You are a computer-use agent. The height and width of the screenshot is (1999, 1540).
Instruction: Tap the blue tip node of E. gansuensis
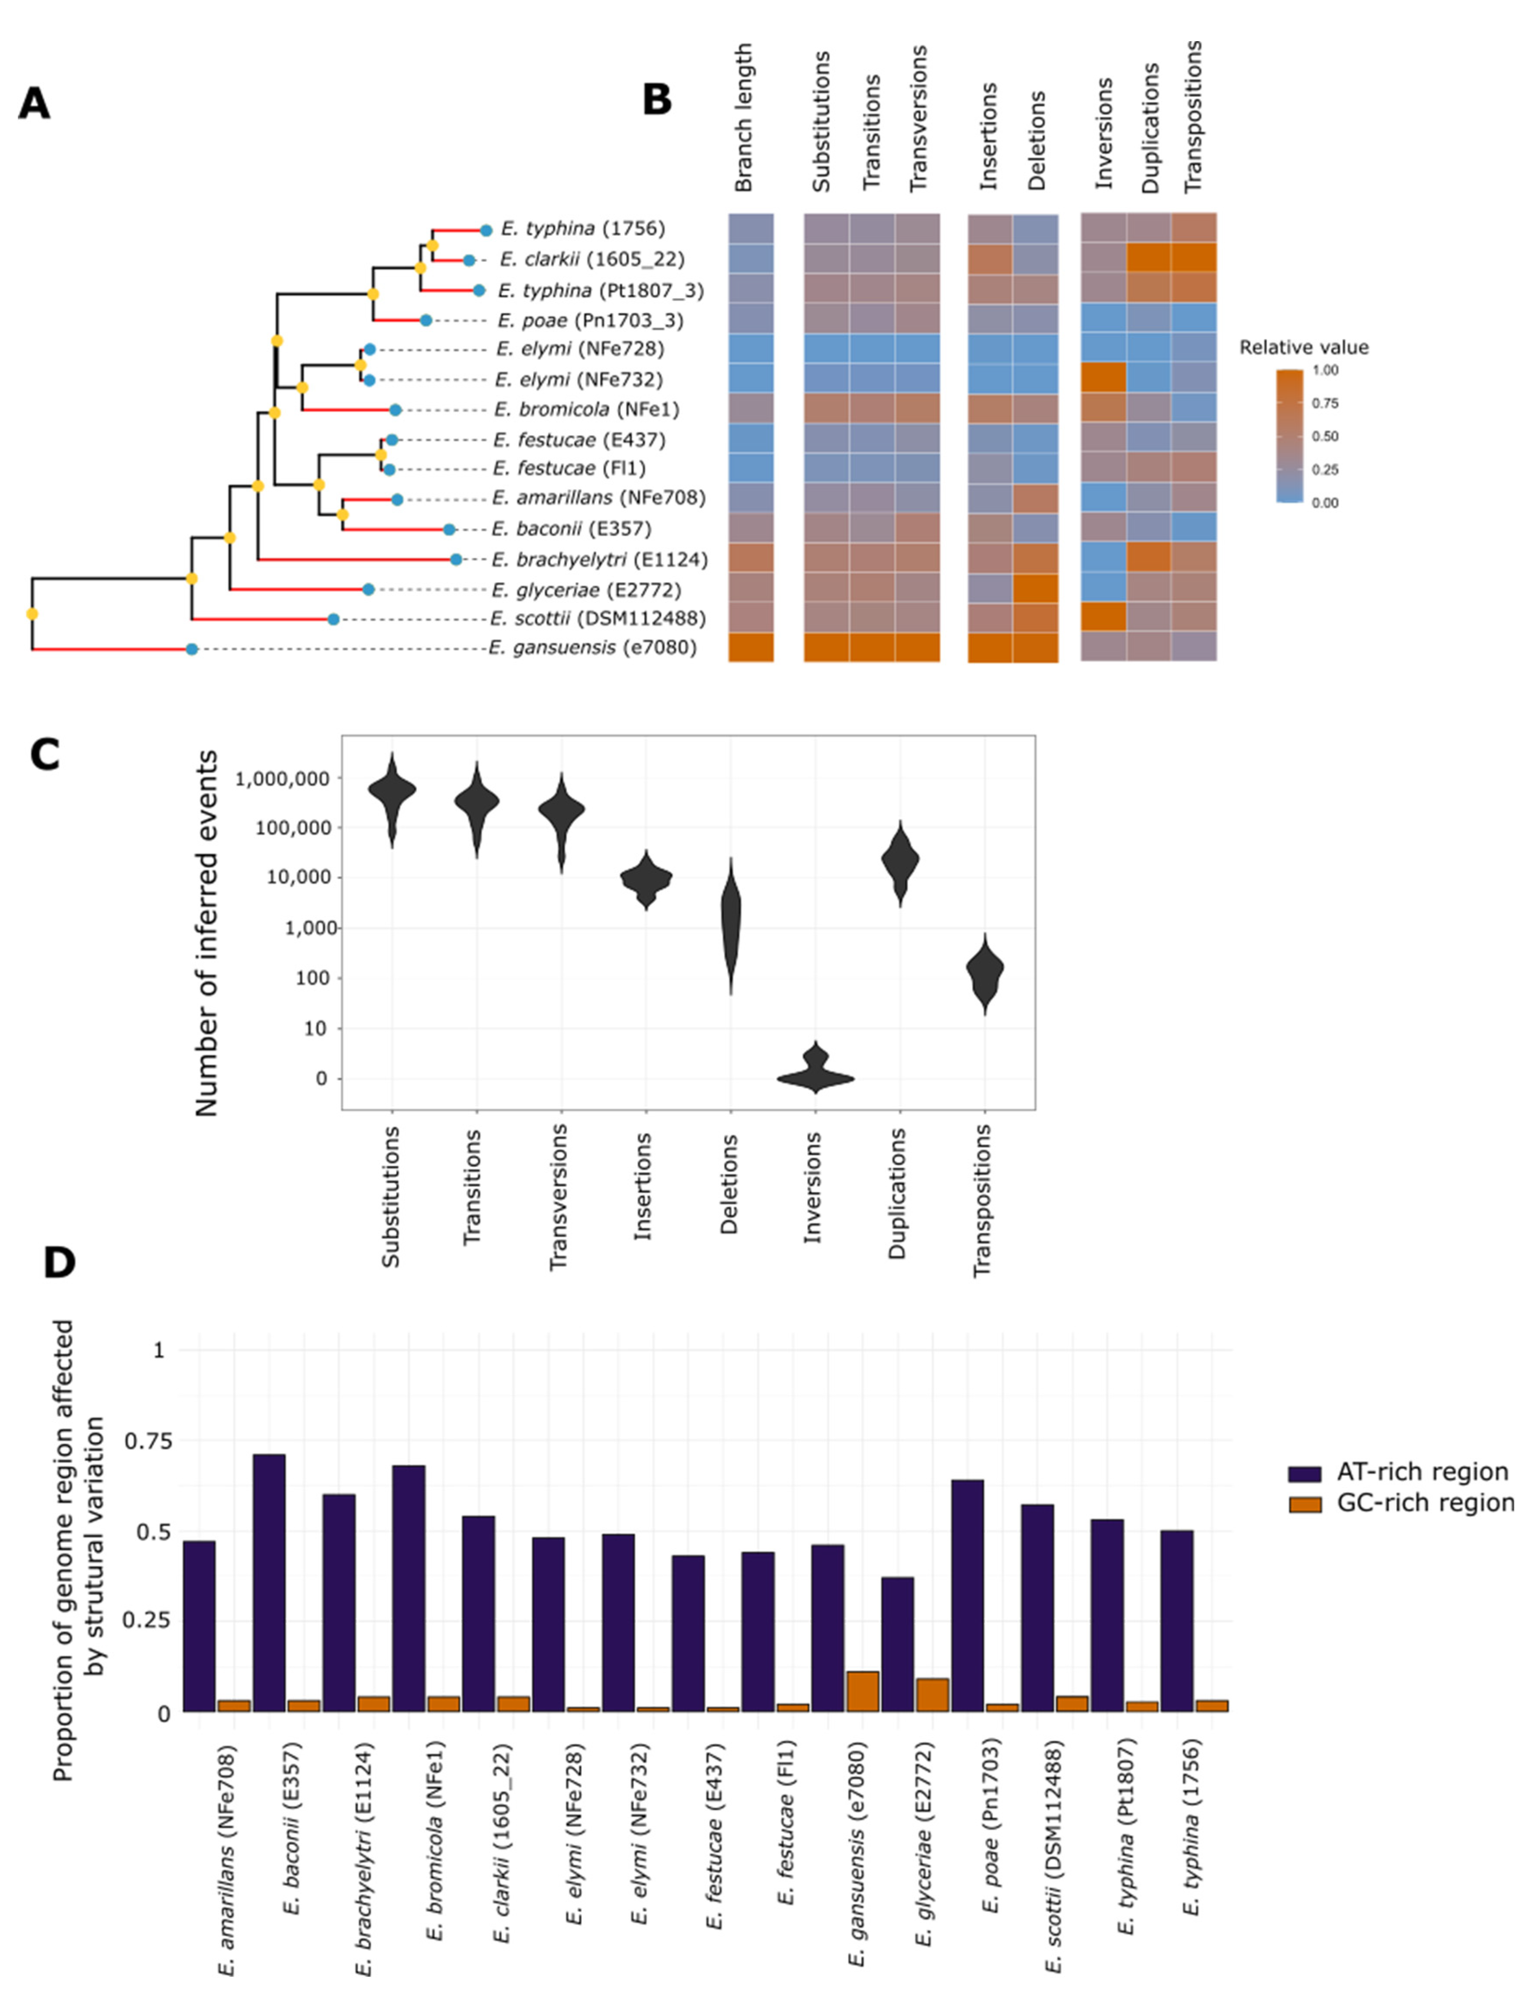191,649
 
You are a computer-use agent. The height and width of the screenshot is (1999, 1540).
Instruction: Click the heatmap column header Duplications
1150,128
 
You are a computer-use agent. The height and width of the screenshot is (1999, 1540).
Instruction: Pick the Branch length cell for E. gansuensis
751,647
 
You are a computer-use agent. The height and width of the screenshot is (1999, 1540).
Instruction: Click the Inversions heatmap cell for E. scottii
1103,617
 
